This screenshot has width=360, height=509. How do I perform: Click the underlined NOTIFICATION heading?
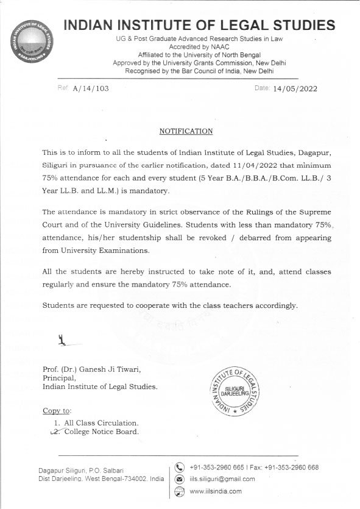186,131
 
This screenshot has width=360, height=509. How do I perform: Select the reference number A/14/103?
90,88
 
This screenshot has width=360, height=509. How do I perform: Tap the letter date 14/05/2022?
295,88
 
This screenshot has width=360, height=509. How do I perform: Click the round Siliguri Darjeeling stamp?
234,388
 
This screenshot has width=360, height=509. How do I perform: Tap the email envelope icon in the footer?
180,479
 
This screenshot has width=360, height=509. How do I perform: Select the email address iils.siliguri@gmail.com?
222,479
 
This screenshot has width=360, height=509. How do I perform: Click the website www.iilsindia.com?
216,491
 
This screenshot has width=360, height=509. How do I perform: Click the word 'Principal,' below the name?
59,378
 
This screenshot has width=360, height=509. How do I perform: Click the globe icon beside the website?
180,491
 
